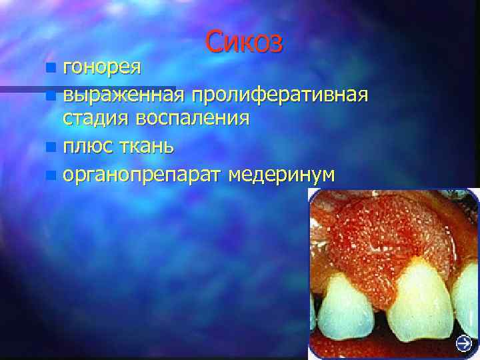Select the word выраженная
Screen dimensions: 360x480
tap(123, 95)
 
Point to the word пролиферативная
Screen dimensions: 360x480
tap(279, 95)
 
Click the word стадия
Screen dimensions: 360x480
tap(96, 119)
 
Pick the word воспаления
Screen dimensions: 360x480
tap(193, 119)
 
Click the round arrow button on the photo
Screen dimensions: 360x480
tap(464, 343)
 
